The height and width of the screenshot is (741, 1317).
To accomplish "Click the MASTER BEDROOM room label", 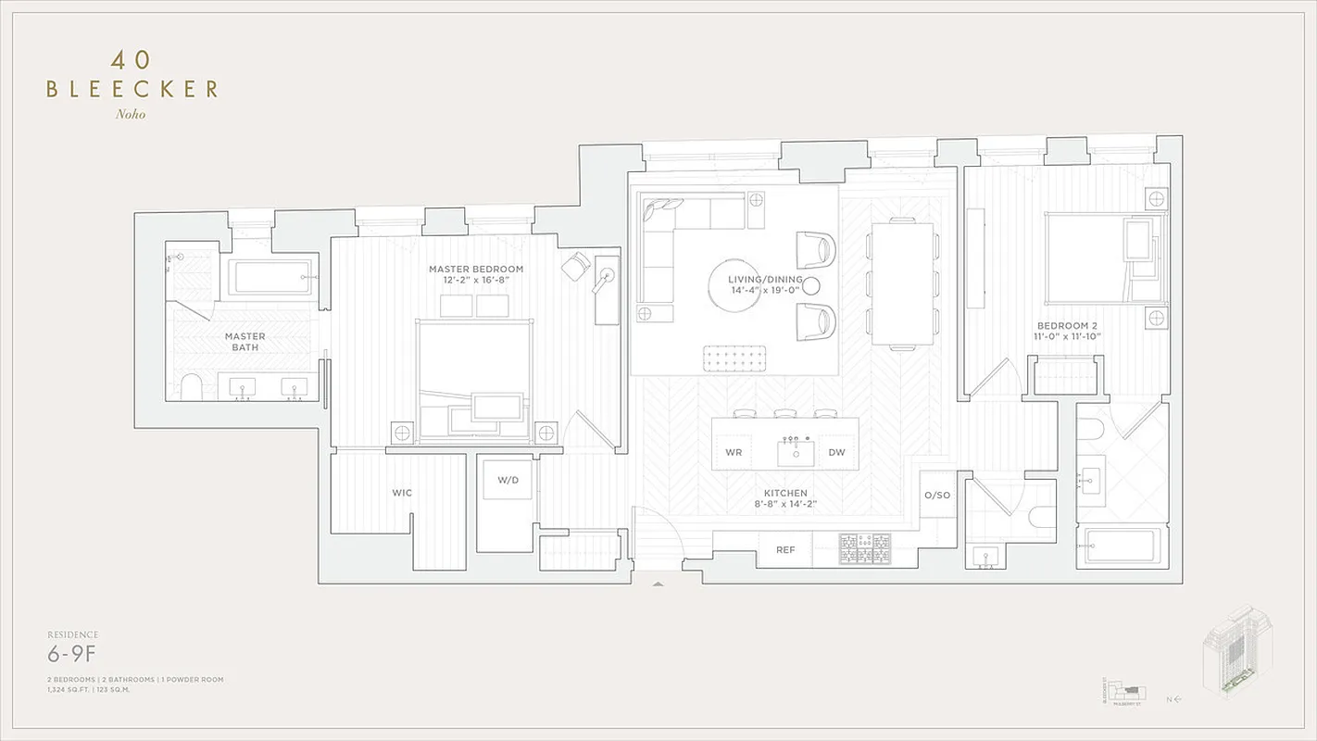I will [475, 270].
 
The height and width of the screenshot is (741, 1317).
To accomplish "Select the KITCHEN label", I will [785, 494].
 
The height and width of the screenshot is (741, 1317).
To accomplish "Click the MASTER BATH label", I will [245, 342].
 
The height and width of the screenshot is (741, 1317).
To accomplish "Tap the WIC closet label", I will [402, 493].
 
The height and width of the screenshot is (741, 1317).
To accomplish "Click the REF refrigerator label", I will [785, 550].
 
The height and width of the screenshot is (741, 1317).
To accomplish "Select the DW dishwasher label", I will [836, 453].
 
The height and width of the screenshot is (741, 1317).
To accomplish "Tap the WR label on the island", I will [734, 453].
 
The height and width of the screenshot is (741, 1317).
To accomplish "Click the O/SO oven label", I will [937, 496].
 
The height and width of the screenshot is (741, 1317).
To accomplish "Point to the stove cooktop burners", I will [865, 549].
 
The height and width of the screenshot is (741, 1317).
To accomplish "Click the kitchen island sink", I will [795, 453].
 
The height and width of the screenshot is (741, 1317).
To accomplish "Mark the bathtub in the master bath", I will [270, 277].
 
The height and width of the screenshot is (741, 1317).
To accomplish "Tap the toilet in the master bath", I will [192, 387].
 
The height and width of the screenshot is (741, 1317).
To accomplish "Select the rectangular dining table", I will [902, 283].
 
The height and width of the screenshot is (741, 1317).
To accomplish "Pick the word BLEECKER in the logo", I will [132, 90].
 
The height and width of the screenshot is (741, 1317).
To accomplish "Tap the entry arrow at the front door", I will [658, 584].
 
